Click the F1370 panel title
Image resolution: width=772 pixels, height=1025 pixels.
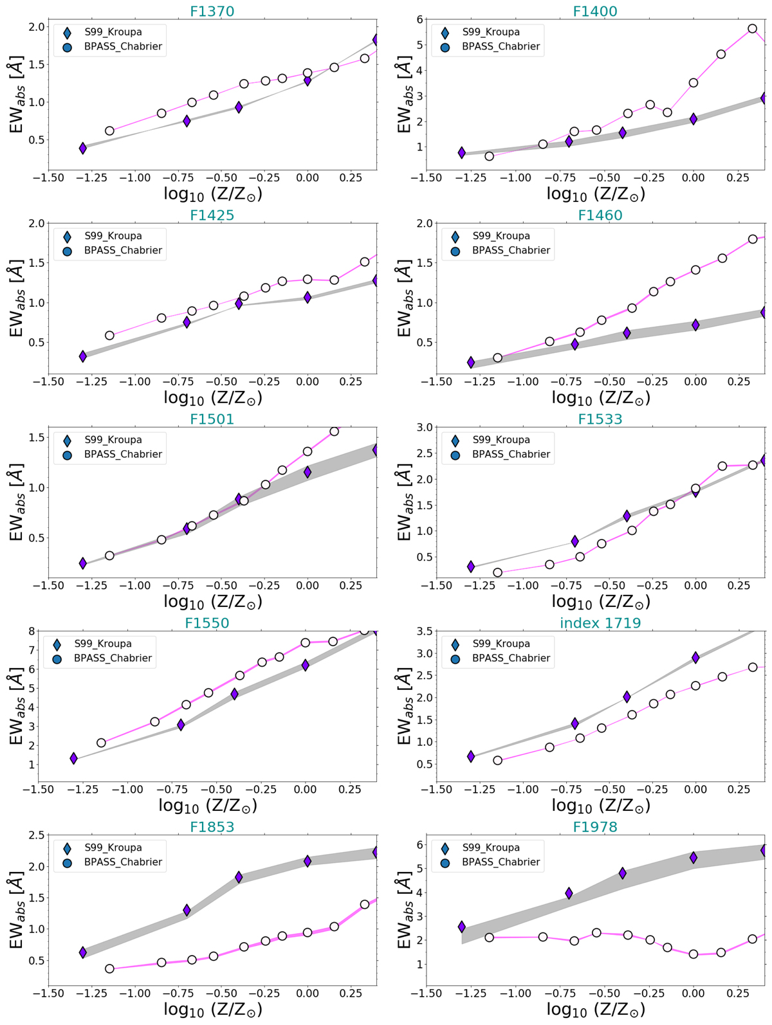(212, 11)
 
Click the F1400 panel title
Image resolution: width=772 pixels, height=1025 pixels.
(595, 11)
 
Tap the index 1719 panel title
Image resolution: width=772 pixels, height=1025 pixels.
(600, 622)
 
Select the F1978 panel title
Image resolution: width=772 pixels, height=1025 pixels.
(595, 826)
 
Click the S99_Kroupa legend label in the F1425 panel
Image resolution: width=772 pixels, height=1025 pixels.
(113, 236)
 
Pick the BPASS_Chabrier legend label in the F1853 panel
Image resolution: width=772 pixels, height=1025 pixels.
(123, 862)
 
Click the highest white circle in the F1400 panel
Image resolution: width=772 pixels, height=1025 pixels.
(752, 29)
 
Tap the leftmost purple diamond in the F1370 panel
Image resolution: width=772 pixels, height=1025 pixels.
(83, 149)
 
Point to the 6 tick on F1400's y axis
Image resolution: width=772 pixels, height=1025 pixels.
(418, 19)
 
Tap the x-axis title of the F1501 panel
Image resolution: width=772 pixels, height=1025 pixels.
(212, 603)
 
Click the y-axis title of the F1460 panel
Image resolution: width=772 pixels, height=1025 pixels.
(404, 298)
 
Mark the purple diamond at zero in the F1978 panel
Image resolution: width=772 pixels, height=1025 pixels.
(694, 858)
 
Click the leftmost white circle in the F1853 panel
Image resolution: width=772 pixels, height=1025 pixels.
(109, 968)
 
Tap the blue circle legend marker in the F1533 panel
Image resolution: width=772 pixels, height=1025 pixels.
(455, 454)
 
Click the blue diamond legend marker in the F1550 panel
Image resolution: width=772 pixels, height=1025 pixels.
(57, 644)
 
